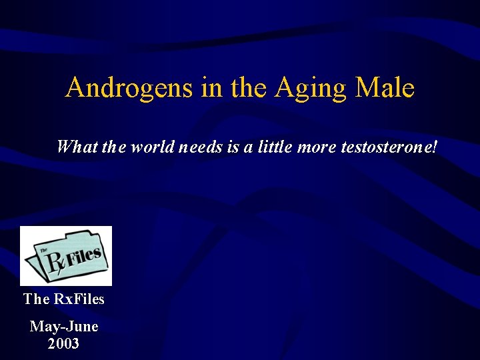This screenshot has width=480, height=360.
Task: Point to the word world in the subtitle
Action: [153, 146]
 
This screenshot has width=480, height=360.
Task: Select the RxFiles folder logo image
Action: [66, 256]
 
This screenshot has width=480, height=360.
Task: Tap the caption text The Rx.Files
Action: [64, 299]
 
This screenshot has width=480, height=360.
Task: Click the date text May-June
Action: [64, 327]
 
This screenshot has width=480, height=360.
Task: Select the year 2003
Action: [64, 344]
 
